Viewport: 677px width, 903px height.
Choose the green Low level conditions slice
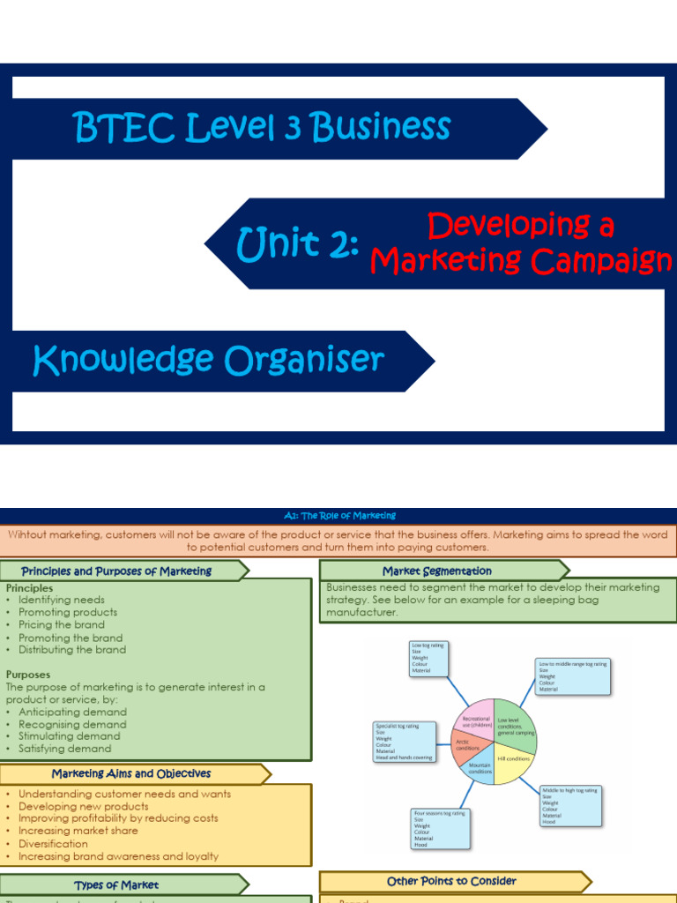pyautogui.click(x=514, y=723)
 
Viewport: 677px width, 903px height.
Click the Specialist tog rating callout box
pyautogui.click(x=406, y=740)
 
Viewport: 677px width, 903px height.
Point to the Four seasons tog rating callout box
pyautogui.click(x=440, y=829)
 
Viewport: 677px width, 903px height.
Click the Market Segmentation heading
pyautogui.click(x=437, y=571)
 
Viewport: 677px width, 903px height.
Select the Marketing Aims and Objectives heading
pyautogui.click(x=131, y=773)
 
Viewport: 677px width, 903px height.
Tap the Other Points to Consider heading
pyautogui.click(x=451, y=881)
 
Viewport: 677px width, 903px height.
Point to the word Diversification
pyautogui.click(x=53, y=843)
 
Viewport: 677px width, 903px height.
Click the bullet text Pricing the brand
pyautogui.click(x=62, y=624)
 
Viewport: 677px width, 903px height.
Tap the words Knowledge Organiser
pyautogui.click(x=208, y=360)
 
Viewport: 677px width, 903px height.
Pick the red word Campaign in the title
pyautogui.click(x=599, y=260)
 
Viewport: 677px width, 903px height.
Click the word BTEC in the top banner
pyautogui.click(x=124, y=128)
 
